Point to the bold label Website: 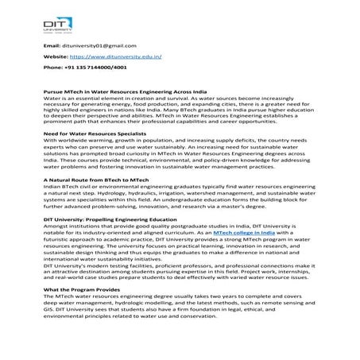point(55,57)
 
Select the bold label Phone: point(52,68)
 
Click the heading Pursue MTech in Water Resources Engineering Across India point(126,92)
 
